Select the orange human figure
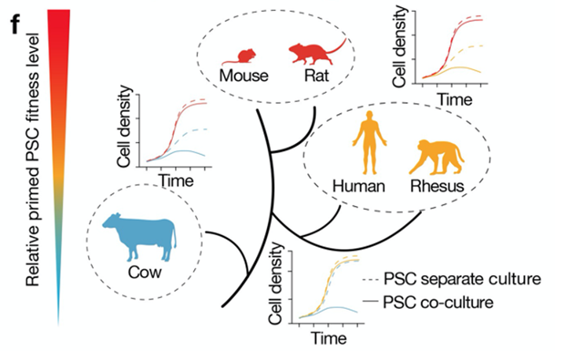click(x=369, y=142)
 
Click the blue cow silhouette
click(x=141, y=237)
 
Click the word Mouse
click(x=244, y=75)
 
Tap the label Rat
click(x=317, y=75)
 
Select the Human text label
click(x=358, y=186)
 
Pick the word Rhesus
click(x=437, y=186)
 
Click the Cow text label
click(x=145, y=273)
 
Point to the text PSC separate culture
click(x=462, y=279)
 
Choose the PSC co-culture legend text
click(x=438, y=303)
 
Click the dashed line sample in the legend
click(x=371, y=280)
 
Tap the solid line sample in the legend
click(x=371, y=302)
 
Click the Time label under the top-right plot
click(x=455, y=99)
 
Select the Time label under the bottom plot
click(x=328, y=338)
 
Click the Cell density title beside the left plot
click(x=124, y=127)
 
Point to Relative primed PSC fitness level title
click(x=32, y=160)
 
